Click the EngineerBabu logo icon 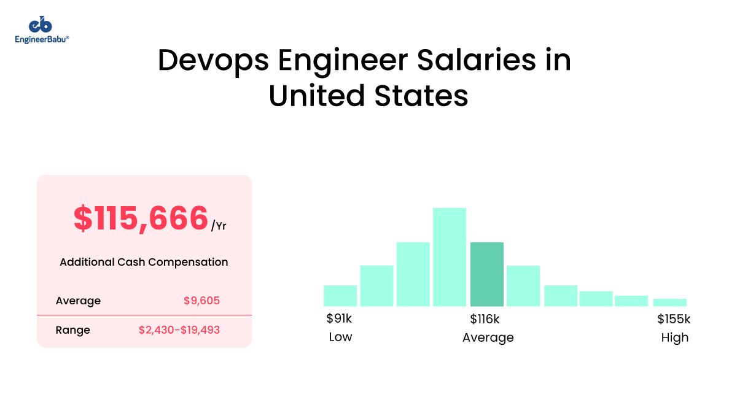tap(41, 25)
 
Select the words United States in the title tap(368, 96)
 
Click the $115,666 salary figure tap(141, 218)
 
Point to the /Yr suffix tap(219, 226)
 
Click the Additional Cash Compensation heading tap(144, 262)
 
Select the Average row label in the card tap(78, 301)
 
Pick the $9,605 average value tap(201, 301)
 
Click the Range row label tap(72, 330)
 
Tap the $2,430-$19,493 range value tap(179, 330)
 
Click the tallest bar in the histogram tap(450, 257)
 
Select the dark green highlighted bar tap(486, 274)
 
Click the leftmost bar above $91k tap(340, 296)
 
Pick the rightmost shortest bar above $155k tap(669, 302)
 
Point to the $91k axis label tap(340, 319)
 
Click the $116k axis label tap(485, 319)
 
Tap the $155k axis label tap(674, 319)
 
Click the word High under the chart tap(675, 337)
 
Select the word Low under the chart tap(340, 337)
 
